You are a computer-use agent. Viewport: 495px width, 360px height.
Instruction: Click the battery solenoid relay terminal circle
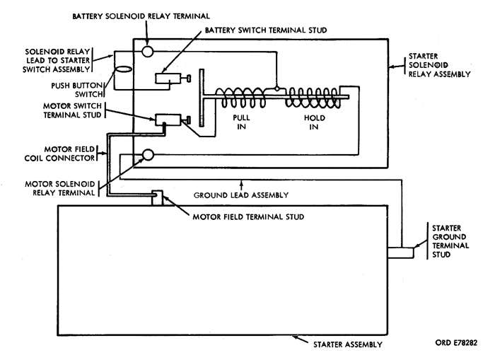[x=146, y=52]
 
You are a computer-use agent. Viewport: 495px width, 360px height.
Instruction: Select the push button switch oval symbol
[x=122, y=70]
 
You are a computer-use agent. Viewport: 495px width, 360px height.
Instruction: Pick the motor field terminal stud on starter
[x=157, y=198]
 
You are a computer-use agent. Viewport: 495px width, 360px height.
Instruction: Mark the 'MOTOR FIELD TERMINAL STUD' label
[x=248, y=216]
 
